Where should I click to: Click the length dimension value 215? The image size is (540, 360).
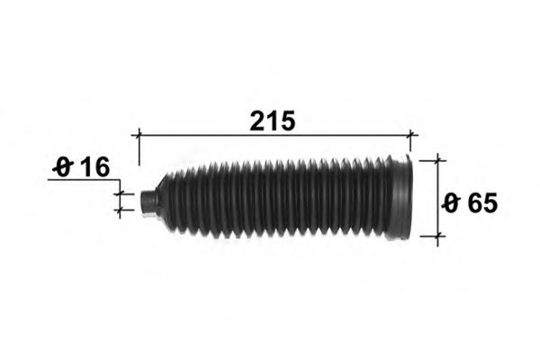[273, 121]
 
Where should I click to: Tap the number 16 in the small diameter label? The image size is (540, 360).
[95, 167]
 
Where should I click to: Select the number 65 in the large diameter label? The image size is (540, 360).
[482, 203]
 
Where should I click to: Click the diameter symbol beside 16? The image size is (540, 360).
[63, 167]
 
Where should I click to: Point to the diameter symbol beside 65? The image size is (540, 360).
[452, 203]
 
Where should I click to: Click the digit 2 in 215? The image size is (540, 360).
[257, 121]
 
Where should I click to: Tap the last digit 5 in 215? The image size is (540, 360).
[288, 121]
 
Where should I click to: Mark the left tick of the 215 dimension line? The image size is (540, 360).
[139, 135]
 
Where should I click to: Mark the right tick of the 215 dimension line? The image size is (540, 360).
[410, 135]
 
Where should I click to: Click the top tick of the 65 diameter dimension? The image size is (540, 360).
[437, 160]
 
